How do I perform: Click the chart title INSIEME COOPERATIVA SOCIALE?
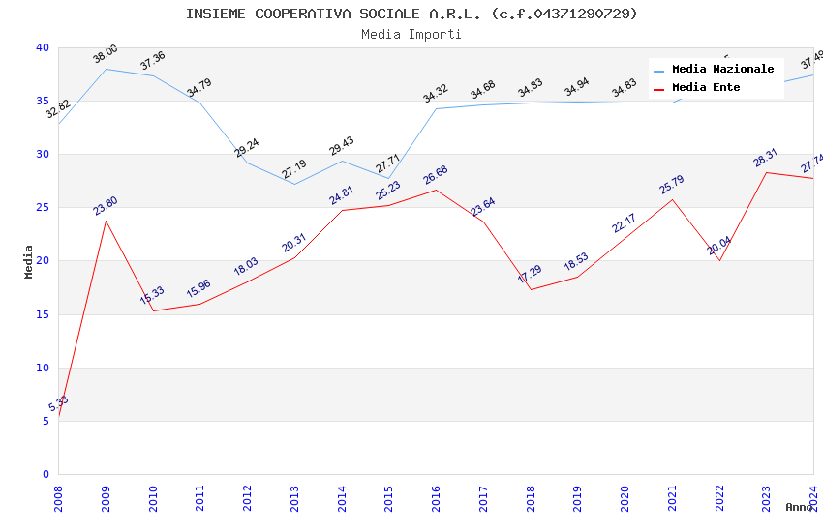[411, 14]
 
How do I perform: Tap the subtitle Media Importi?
[411, 35]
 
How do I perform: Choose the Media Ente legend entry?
[706, 88]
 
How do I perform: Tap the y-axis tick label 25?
[43, 208]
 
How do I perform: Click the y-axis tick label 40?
[43, 48]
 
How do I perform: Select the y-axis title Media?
[29, 261]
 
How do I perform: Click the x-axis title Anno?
[799, 507]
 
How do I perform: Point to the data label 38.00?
[106, 54]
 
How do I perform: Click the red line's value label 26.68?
[436, 175]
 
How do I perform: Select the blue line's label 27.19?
[294, 169]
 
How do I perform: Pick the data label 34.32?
[436, 94]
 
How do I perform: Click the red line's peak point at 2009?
[106, 221]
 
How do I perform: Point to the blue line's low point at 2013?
[294, 184]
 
